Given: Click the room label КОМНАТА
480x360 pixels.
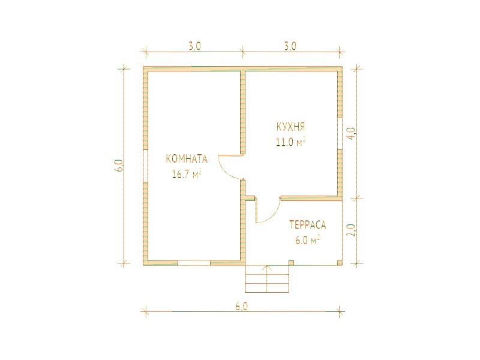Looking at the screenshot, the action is (187, 159).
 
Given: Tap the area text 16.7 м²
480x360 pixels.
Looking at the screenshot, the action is (187, 175).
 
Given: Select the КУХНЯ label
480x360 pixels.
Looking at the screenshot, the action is (290, 127).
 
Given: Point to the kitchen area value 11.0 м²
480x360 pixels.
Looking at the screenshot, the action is (291, 142).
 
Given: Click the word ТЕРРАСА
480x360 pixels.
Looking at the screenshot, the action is (308, 225).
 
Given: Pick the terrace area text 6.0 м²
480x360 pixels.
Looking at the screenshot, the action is (307, 241).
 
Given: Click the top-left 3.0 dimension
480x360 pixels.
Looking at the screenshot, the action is (194, 46).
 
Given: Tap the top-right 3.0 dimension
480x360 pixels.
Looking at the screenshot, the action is (290, 46).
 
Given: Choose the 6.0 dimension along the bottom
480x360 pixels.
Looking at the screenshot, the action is (242, 307).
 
